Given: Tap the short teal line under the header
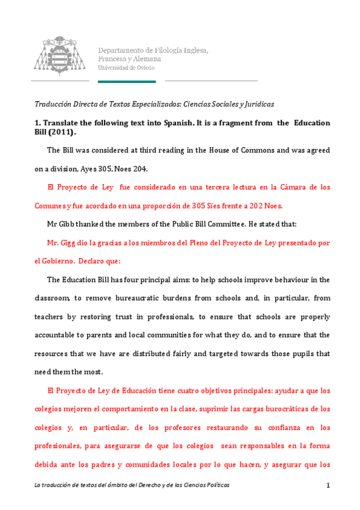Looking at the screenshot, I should point(126,81).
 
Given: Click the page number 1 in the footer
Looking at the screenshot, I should point(328,485).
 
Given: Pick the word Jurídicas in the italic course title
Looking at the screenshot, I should point(257,103).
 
